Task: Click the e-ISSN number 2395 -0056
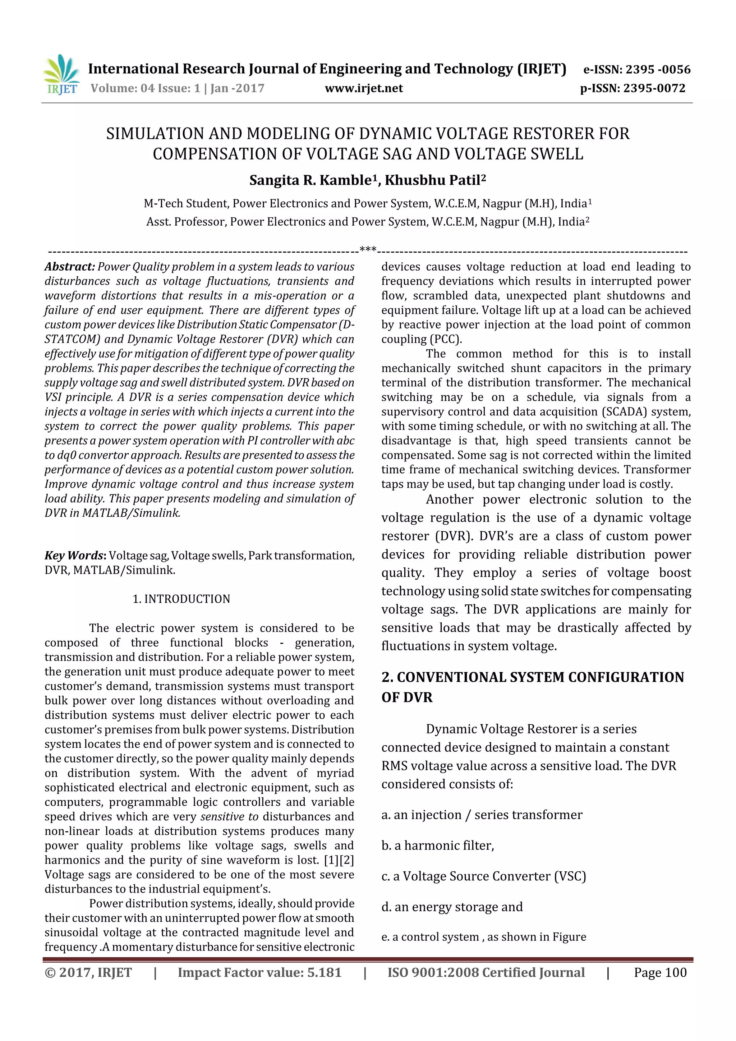(x=658, y=69)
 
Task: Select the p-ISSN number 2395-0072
(x=654, y=88)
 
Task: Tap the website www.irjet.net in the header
(x=364, y=88)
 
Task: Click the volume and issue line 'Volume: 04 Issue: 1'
(x=145, y=88)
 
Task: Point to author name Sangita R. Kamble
(x=310, y=180)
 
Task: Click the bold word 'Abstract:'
(x=69, y=267)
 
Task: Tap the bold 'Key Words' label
(x=74, y=556)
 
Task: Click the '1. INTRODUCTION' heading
(x=181, y=599)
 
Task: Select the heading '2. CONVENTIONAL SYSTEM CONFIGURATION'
(x=532, y=677)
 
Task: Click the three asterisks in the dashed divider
(x=368, y=249)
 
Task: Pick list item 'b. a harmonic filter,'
(x=438, y=845)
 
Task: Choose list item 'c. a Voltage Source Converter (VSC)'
(x=483, y=876)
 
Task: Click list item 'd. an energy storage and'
(x=452, y=907)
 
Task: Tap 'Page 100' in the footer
(x=660, y=972)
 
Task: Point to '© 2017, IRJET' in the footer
(x=88, y=972)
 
